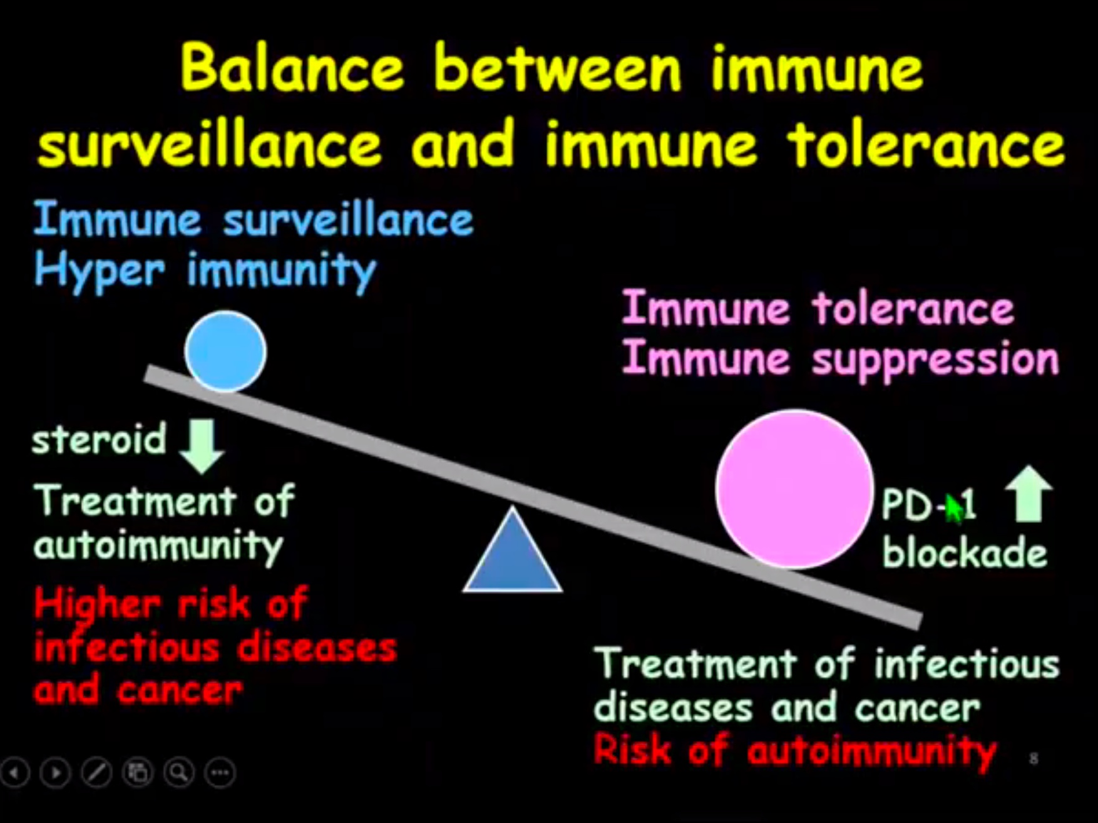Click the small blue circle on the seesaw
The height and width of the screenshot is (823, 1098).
click(225, 351)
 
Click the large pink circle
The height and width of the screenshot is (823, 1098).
click(794, 489)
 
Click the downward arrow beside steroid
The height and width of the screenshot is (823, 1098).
click(202, 445)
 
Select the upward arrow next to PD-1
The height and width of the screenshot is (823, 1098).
click(1029, 494)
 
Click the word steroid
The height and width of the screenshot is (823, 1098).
click(100, 438)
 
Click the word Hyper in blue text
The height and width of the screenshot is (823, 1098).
click(100, 271)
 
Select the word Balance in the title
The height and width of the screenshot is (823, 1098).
click(292, 68)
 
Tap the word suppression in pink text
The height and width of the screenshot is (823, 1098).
click(935, 360)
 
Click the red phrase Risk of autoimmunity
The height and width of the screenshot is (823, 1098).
click(794, 750)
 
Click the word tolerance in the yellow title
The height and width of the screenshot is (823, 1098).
click(926, 143)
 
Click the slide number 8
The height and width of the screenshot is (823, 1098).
click(1034, 758)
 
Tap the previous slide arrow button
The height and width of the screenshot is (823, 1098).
click(15, 773)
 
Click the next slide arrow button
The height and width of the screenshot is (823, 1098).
click(56, 773)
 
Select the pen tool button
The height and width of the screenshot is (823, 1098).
click(97, 773)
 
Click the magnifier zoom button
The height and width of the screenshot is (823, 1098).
click(179, 773)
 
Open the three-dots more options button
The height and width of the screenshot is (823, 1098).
click(220, 773)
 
